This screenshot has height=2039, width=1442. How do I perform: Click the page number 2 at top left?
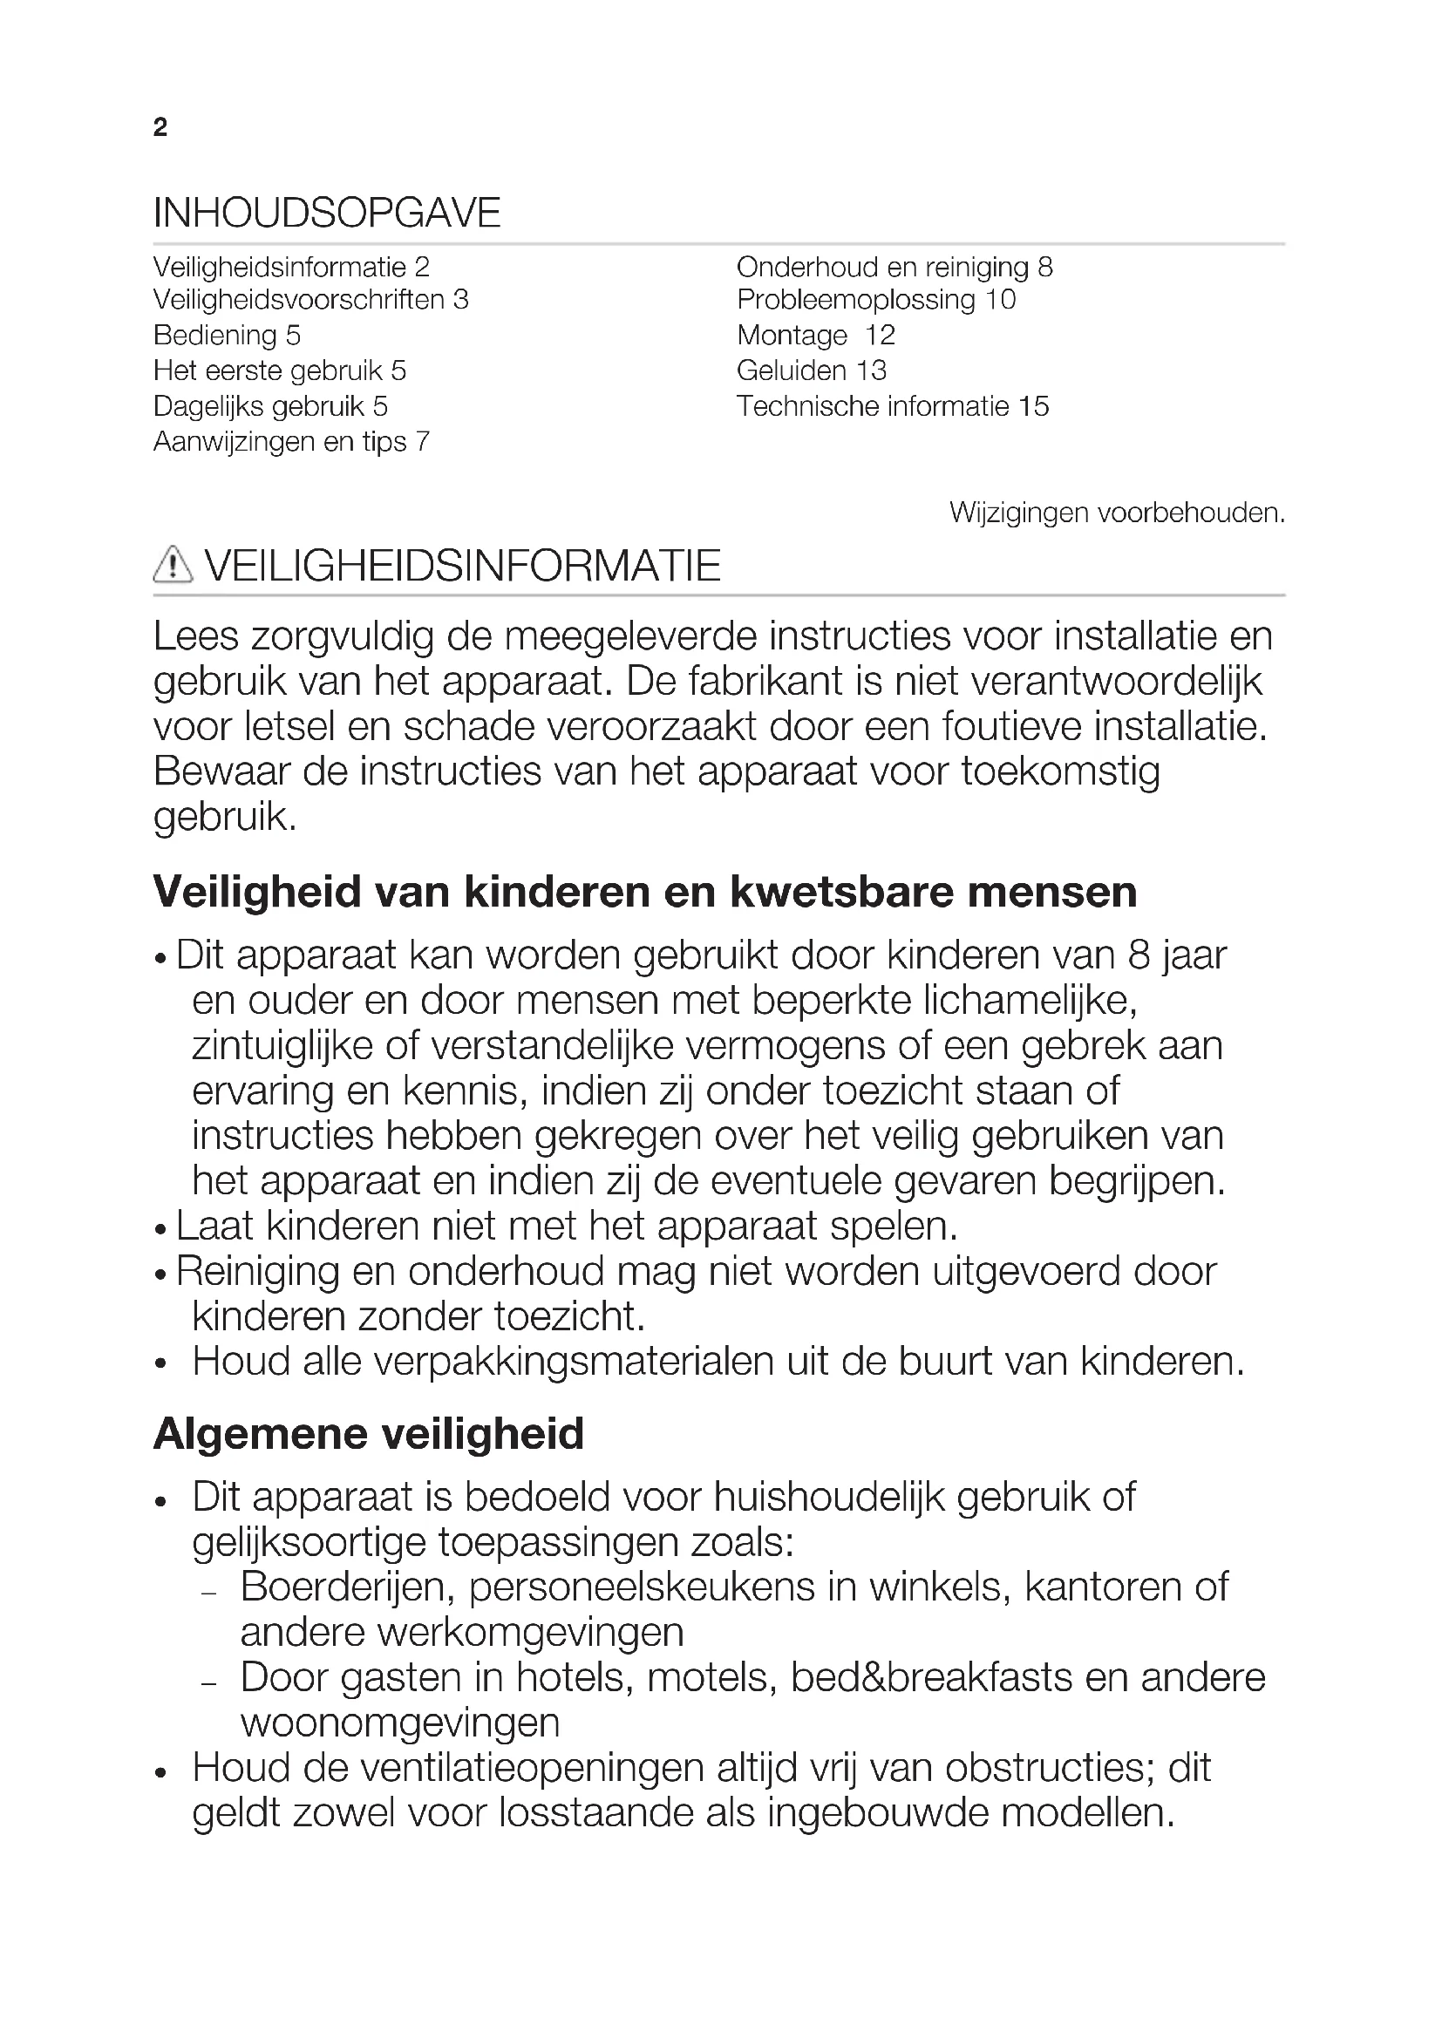pyautogui.click(x=160, y=128)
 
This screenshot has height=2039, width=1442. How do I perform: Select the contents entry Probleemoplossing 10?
pyautogui.click(x=875, y=300)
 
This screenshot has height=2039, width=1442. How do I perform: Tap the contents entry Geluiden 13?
pyautogui.click(x=812, y=370)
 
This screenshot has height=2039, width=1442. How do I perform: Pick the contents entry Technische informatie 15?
pyautogui.click(x=893, y=407)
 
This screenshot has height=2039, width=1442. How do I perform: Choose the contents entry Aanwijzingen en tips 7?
pyautogui.click(x=291, y=442)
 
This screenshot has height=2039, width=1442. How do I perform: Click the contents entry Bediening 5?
pyautogui.click(x=227, y=336)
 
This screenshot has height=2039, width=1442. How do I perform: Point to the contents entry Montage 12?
pyautogui.click(x=815, y=336)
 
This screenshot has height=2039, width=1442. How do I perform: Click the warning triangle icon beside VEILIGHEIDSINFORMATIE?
pyautogui.click(x=173, y=565)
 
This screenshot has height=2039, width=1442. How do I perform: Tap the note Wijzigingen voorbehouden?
pyautogui.click(x=1116, y=513)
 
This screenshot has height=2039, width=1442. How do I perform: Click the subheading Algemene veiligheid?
pyautogui.click(x=369, y=1434)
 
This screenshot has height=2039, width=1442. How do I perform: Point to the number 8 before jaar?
pyautogui.click(x=1139, y=955)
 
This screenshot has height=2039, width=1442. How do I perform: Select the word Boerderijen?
pyautogui.click(x=347, y=1587)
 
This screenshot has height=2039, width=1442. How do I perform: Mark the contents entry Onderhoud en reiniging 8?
pyautogui.click(x=894, y=268)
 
